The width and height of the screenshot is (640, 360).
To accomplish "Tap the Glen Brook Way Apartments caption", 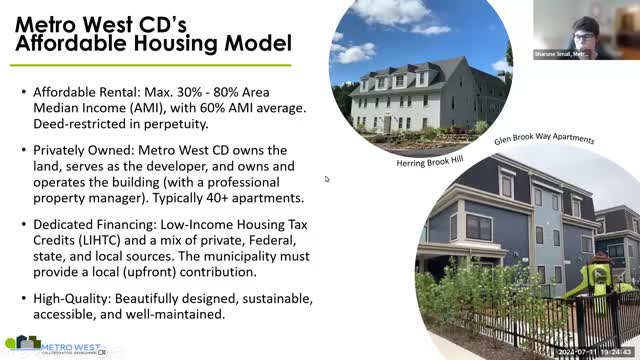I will pos(544,139).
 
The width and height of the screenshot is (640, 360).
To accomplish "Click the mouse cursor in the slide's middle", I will pos(326,180).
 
